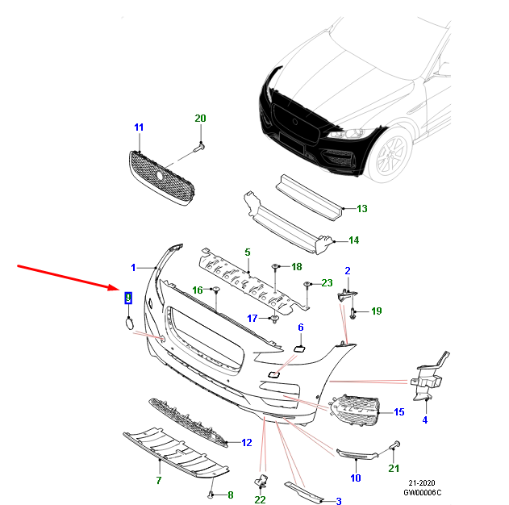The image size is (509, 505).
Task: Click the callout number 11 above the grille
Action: pyautogui.click(x=138, y=128)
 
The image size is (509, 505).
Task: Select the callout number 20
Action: pyautogui.click(x=200, y=119)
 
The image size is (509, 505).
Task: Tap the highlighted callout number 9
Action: pyautogui.click(x=127, y=298)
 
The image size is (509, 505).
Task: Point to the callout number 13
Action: pyautogui.click(x=361, y=209)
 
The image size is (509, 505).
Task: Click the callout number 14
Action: pyautogui.click(x=353, y=240)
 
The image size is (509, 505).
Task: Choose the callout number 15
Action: pyautogui.click(x=398, y=413)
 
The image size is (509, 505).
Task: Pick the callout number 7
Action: pyautogui.click(x=159, y=481)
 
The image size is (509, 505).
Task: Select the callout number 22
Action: pyautogui.click(x=261, y=500)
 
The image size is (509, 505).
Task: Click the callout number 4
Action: pyautogui.click(x=425, y=419)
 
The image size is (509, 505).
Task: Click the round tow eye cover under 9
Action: pyautogui.click(x=128, y=323)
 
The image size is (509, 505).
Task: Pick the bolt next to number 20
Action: pyautogui.click(x=199, y=148)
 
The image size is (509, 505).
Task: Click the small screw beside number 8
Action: pyautogui.click(x=212, y=493)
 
